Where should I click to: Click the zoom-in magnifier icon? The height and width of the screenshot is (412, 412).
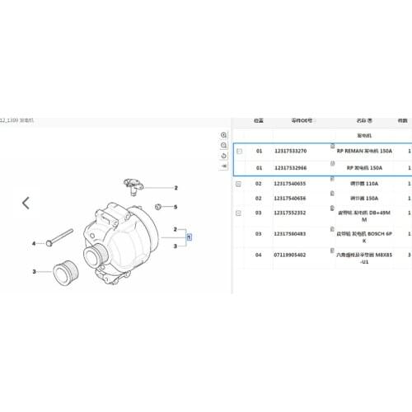coord(223,134)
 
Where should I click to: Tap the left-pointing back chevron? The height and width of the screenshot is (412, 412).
coord(26,202)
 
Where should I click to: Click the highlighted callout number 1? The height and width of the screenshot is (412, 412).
coord(189,236)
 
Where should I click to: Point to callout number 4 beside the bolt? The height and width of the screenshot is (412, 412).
coord(34,244)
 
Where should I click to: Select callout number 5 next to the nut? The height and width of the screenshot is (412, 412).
coord(175,206)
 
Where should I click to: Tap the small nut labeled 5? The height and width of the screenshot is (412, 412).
coord(158,205)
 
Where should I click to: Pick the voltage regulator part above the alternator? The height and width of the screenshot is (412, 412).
coord(130,181)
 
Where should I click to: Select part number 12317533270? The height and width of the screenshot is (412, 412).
coord(290,152)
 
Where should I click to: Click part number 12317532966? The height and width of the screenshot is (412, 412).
coord(290,168)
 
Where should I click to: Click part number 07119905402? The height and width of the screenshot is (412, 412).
coord(290,255)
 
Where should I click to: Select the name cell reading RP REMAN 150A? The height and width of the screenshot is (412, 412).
coord(363,152)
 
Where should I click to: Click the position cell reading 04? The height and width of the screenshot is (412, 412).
coord(259,255)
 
